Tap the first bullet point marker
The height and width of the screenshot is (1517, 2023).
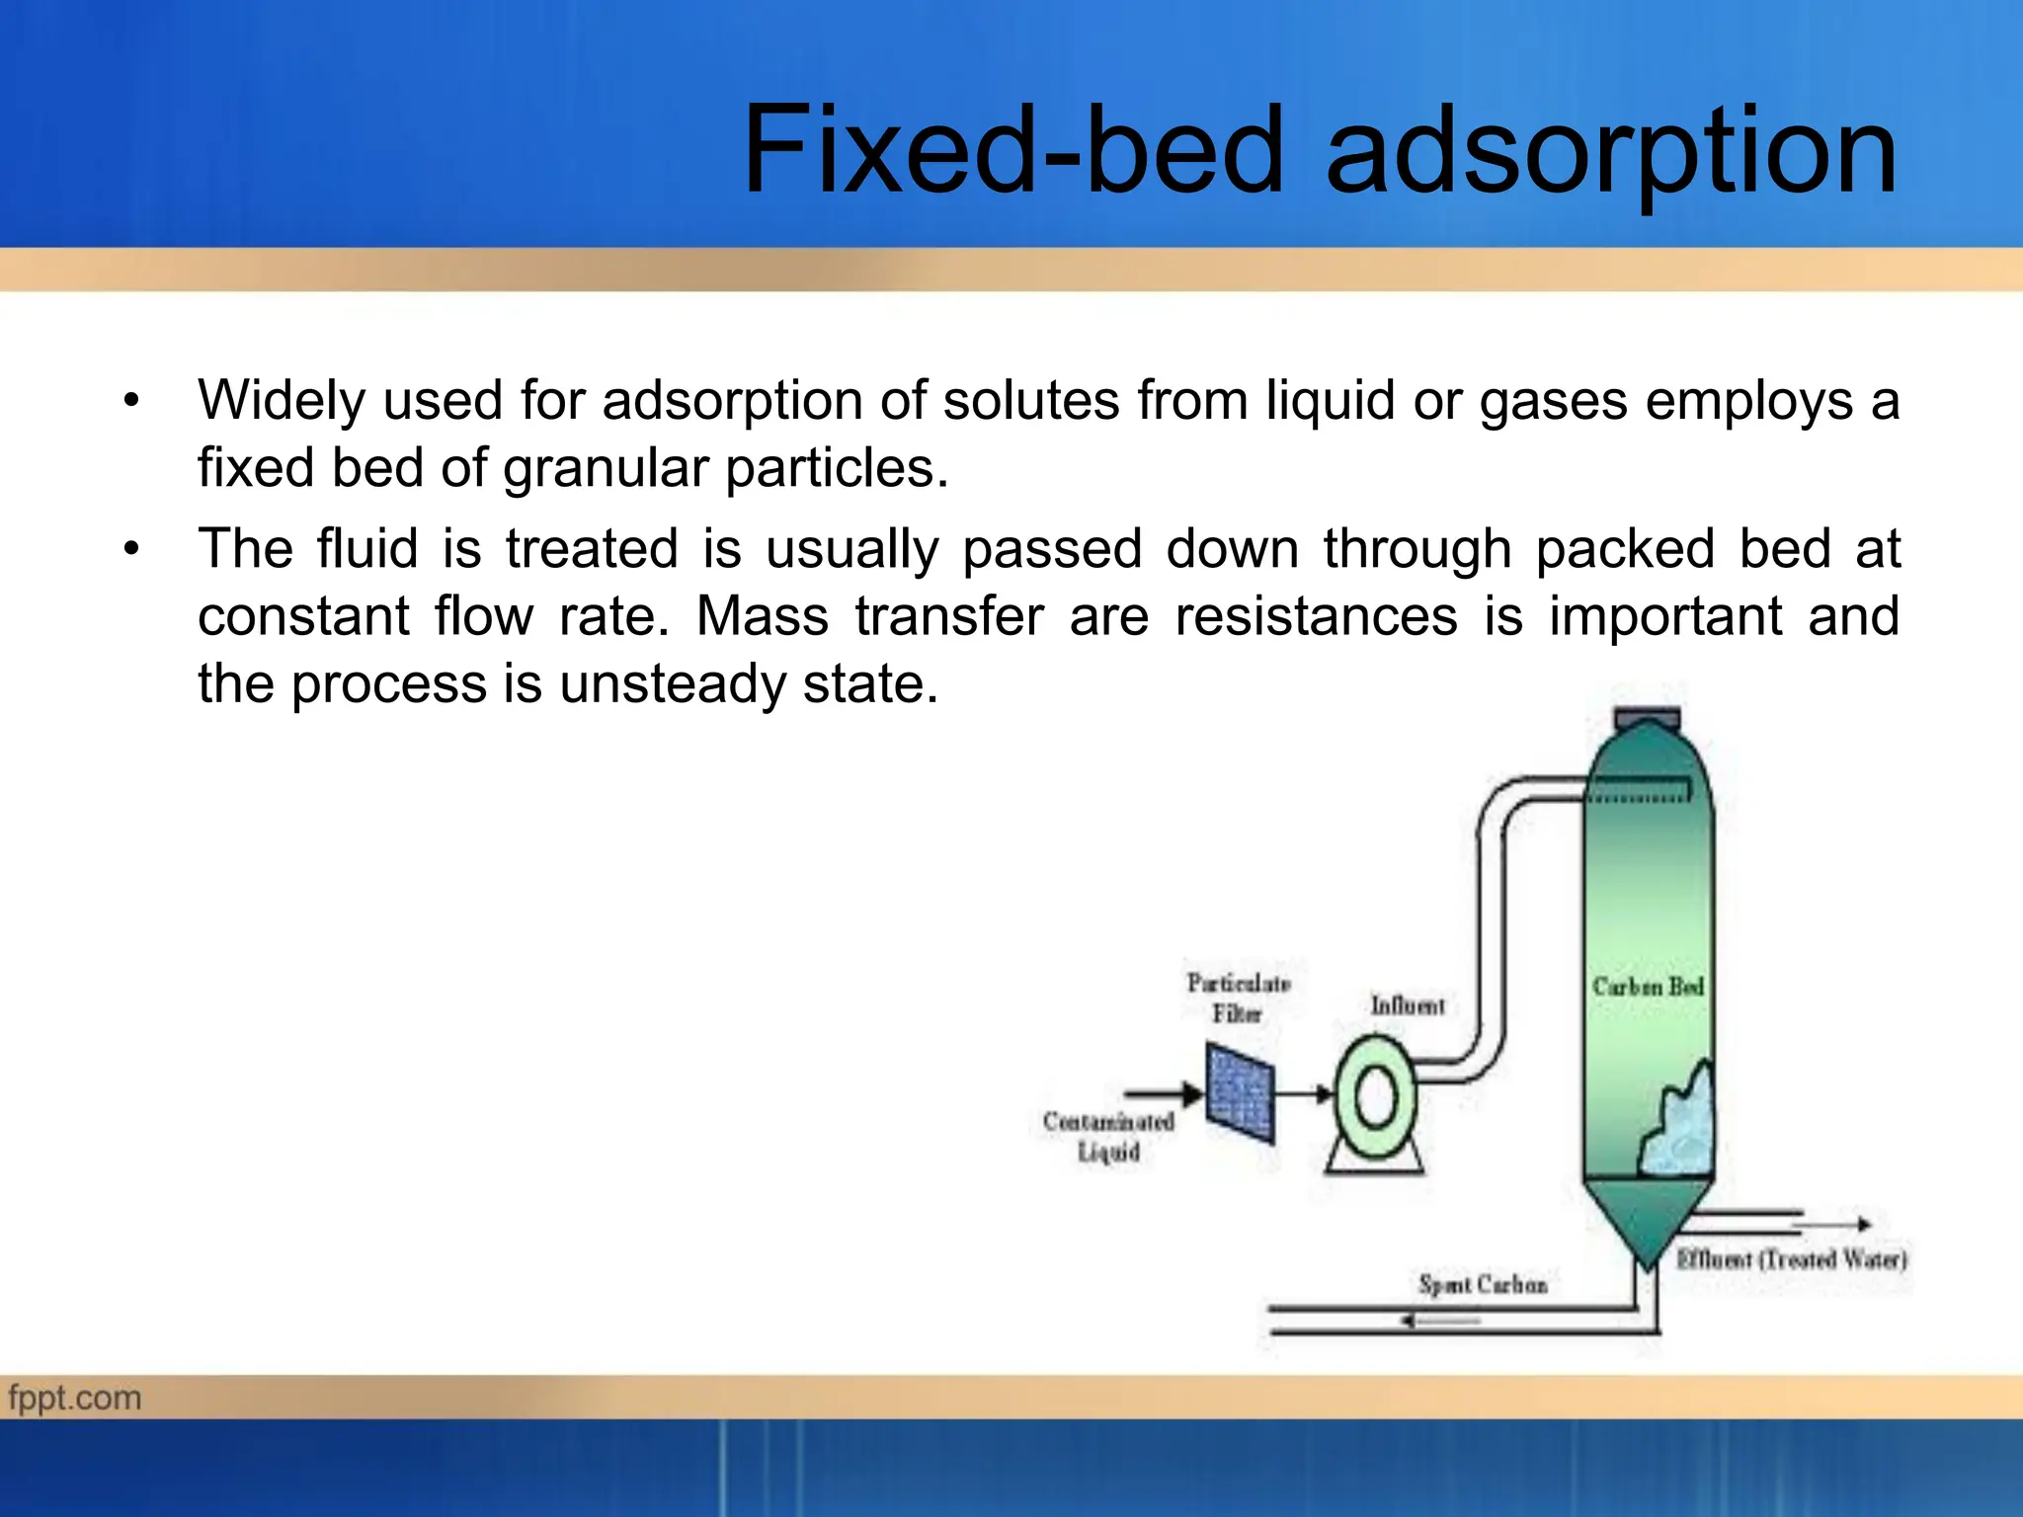pyautogui.click(x=131, y=401)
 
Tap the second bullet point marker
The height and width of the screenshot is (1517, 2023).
pyautogui.click(x=131, y=549)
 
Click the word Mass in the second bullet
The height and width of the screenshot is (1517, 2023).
pyautogui.click(x=762, y=616)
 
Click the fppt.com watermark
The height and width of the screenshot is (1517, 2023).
pyautogui.click(x=75, y=1397)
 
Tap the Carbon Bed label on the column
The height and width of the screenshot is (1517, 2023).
pyautogui.click(x=1648, y=987)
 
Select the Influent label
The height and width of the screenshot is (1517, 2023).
pyautogui.click(x=1407, y=1005)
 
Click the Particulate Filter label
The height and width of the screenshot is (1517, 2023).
pyautogui.click(x=1239, y=998)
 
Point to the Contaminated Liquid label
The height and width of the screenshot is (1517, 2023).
pyautogui.click(x=1108, y=1136)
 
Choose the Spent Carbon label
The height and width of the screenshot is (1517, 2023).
pyautogui.click(x=1482, y=1284)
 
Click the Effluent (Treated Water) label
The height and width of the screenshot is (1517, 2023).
pyautogui.click(x=1791, y=1259)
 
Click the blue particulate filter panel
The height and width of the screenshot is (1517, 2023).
pyautogui.click(x=1240, y=1094)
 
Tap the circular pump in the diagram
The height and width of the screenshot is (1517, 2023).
pyautogui.click(x=1375, y=1097)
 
